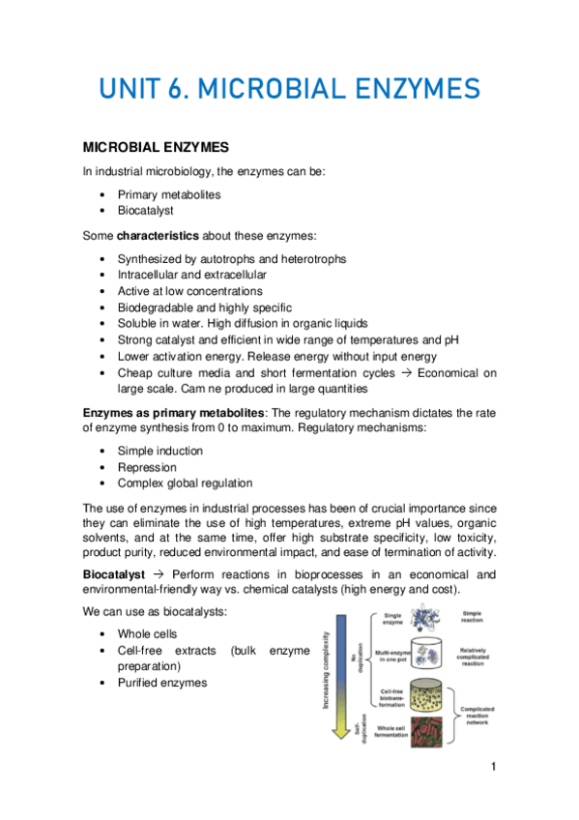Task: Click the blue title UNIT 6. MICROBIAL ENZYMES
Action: click(x=289, y=90)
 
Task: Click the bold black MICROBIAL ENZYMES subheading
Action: click(x=155, y=148)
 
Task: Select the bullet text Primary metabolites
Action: click(x=169, y=194)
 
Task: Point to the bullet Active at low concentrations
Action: click(x=189, y=290)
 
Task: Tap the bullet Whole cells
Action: click(x=147, y=633)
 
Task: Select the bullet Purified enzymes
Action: click(x=162, y=683)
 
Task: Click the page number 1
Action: click(x=493, y=767)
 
